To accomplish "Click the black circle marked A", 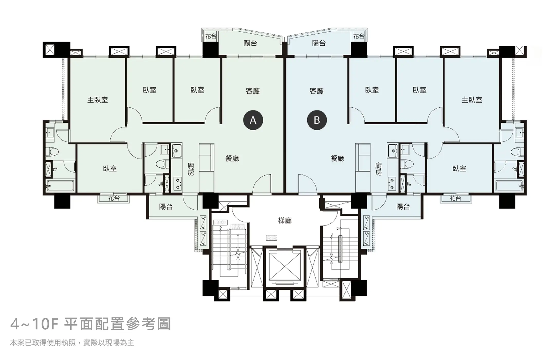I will [x=253, y=120].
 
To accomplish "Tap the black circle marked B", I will [x=317, y=120].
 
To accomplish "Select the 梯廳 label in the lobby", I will [x=285, y=221].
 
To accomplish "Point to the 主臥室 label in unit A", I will [x=97, y=100].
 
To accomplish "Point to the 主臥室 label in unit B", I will [x=472, y=100].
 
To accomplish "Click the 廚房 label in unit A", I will [x=191, y=169].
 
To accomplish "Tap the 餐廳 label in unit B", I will [x=337, y=158].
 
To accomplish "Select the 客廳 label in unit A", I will [x=253, y=91].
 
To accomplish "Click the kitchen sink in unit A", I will [x=177, y=150].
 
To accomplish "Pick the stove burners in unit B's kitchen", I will [x=392, y=184].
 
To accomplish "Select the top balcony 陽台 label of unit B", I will [x=319, y=43].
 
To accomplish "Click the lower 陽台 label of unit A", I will [x=166, y=206].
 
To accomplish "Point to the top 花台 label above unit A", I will [x=211, y=36].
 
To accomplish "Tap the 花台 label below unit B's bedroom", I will [x=456, y=198].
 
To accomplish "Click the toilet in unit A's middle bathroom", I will [x=162, y=164].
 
